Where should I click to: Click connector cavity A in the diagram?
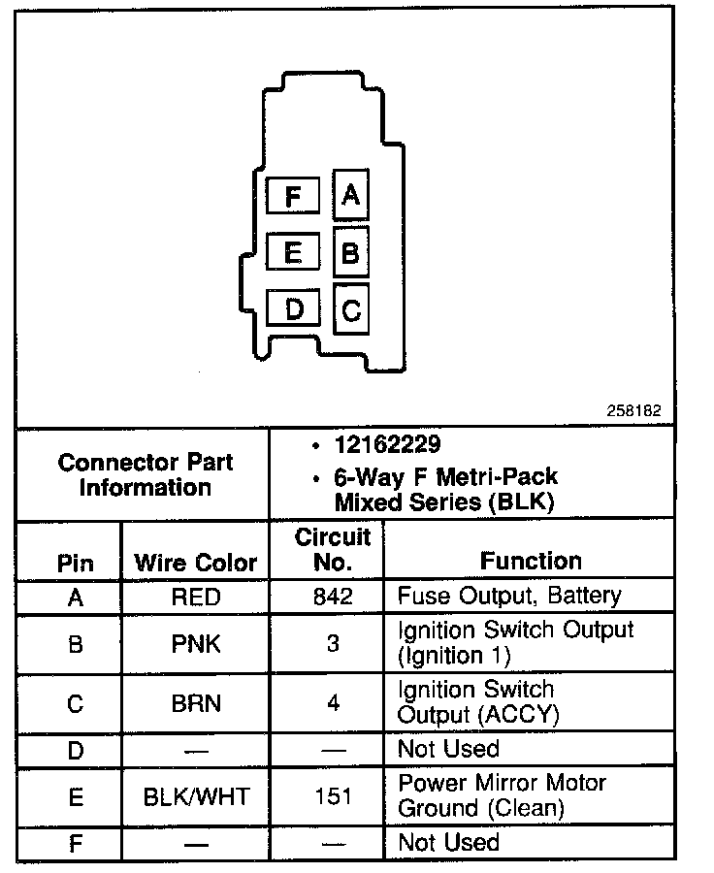[x=350, y=196]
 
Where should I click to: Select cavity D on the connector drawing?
[x=294, y=309]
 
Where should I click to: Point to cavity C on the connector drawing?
[x=351, y=310]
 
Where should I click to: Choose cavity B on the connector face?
[x=351, y=253]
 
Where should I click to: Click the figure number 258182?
[x=635, y=410]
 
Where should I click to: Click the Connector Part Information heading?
[x=146, y=474]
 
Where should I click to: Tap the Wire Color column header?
[x=195, y=563]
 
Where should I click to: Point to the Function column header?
[x=531, y=561]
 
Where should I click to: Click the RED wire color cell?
[x=195, y=597]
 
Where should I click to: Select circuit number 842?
[x=333, y=597]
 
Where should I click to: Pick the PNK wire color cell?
[x=195, y=643]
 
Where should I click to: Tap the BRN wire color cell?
[x=195, y=703]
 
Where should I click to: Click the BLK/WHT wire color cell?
[x=195, y=797]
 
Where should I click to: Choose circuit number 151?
[x=333, y=797]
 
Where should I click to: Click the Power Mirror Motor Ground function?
[x=502, y=795]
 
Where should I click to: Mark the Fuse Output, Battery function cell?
[x=508, y=596]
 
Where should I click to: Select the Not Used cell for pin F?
[x=448, y=842]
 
